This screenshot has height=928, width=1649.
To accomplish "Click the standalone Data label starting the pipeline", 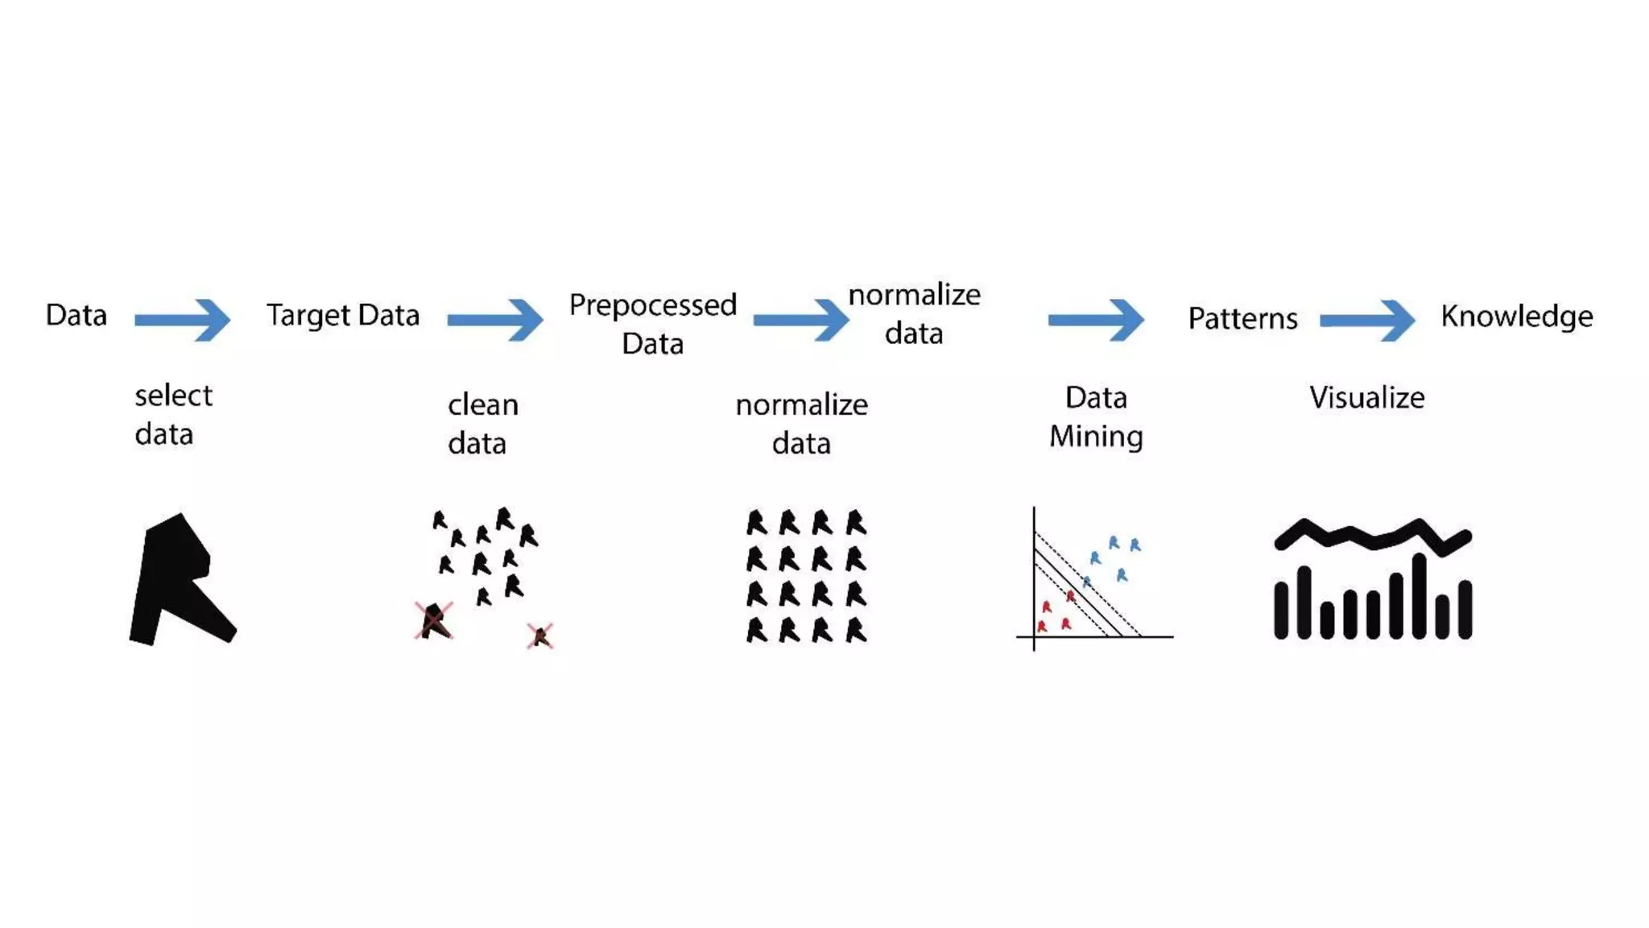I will pos(76,315).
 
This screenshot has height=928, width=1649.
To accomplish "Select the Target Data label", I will pos(343,315).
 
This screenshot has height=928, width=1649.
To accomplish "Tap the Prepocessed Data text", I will pos(652,324).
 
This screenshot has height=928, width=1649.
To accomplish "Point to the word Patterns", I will pos(1242,319).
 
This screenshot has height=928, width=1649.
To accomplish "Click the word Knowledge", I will pos(1516,316).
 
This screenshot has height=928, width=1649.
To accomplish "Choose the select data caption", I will pos(172,415).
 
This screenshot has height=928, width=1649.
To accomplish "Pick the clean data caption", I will pos(482,424).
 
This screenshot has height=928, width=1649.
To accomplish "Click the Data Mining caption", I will pos(1096,416).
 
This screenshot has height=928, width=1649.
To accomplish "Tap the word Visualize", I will pos(1366,397).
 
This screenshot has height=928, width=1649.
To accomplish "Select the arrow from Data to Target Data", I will pos(183,320).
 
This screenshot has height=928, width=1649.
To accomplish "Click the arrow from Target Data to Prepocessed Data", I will pos(495,320).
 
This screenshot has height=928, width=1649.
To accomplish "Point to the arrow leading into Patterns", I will pos(1096,320).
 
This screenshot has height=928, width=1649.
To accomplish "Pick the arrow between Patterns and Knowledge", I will pos(1367,320).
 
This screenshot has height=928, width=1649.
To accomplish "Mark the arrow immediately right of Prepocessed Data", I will pos(800,320).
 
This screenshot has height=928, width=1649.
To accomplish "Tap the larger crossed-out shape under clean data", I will pos(434,620).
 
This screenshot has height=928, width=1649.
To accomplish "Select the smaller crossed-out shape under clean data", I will pos(540,636).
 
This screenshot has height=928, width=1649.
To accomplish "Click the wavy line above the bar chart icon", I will pos(1373,534).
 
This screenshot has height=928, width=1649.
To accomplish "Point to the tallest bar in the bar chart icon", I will pos(1419,596).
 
